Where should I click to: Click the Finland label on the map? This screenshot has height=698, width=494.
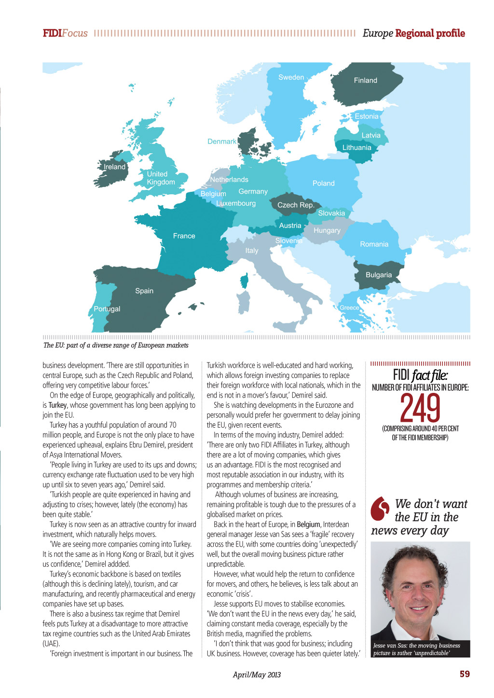pos(365,81)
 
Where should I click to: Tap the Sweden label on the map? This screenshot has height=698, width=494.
pos(291,77)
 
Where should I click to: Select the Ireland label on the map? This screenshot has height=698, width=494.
pos(114,167)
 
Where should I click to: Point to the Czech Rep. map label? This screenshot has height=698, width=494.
pos(295,205)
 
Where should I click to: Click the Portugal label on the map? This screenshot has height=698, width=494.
pos(107,309)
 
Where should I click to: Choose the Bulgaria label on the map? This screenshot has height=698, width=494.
pos(378,275)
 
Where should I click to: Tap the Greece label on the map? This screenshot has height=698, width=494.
pos(349,308)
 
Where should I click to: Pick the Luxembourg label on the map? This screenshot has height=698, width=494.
pos(236,203)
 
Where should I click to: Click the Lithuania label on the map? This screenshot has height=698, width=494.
pos(357,148)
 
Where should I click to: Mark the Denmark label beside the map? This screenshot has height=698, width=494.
pos(221,141)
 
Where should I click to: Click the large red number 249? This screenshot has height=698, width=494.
pos(420,408)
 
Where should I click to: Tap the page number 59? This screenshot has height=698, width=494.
pos(465,674)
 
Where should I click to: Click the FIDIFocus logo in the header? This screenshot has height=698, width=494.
pos(65,33)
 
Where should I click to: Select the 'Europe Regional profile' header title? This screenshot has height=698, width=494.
pos(413,33)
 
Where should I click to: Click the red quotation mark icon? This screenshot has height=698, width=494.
pos(380,508)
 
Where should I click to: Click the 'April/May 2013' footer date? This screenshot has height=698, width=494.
pos(257,675)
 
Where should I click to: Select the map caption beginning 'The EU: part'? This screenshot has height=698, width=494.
pos(116,345)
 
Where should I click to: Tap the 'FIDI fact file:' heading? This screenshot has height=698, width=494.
pos(420,375)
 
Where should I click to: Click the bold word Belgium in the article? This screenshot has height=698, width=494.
pos(308,524)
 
